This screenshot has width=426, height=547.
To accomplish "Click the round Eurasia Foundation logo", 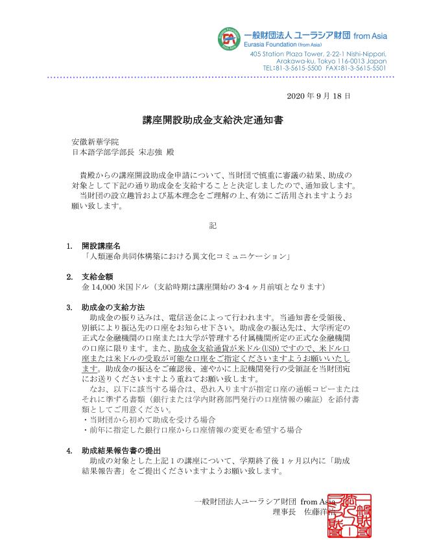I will pyautogui.click(x=228, y=38).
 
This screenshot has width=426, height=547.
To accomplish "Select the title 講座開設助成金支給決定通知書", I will pyautogui.click(x=213, y=120).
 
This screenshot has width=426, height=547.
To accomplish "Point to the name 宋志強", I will pyautogui.click(x=150, y=152).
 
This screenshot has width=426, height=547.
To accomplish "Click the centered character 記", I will pyautogui.click(x=213, y=226).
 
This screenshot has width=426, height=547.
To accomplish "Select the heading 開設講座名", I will pyautogui.click(x=101, y=246).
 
